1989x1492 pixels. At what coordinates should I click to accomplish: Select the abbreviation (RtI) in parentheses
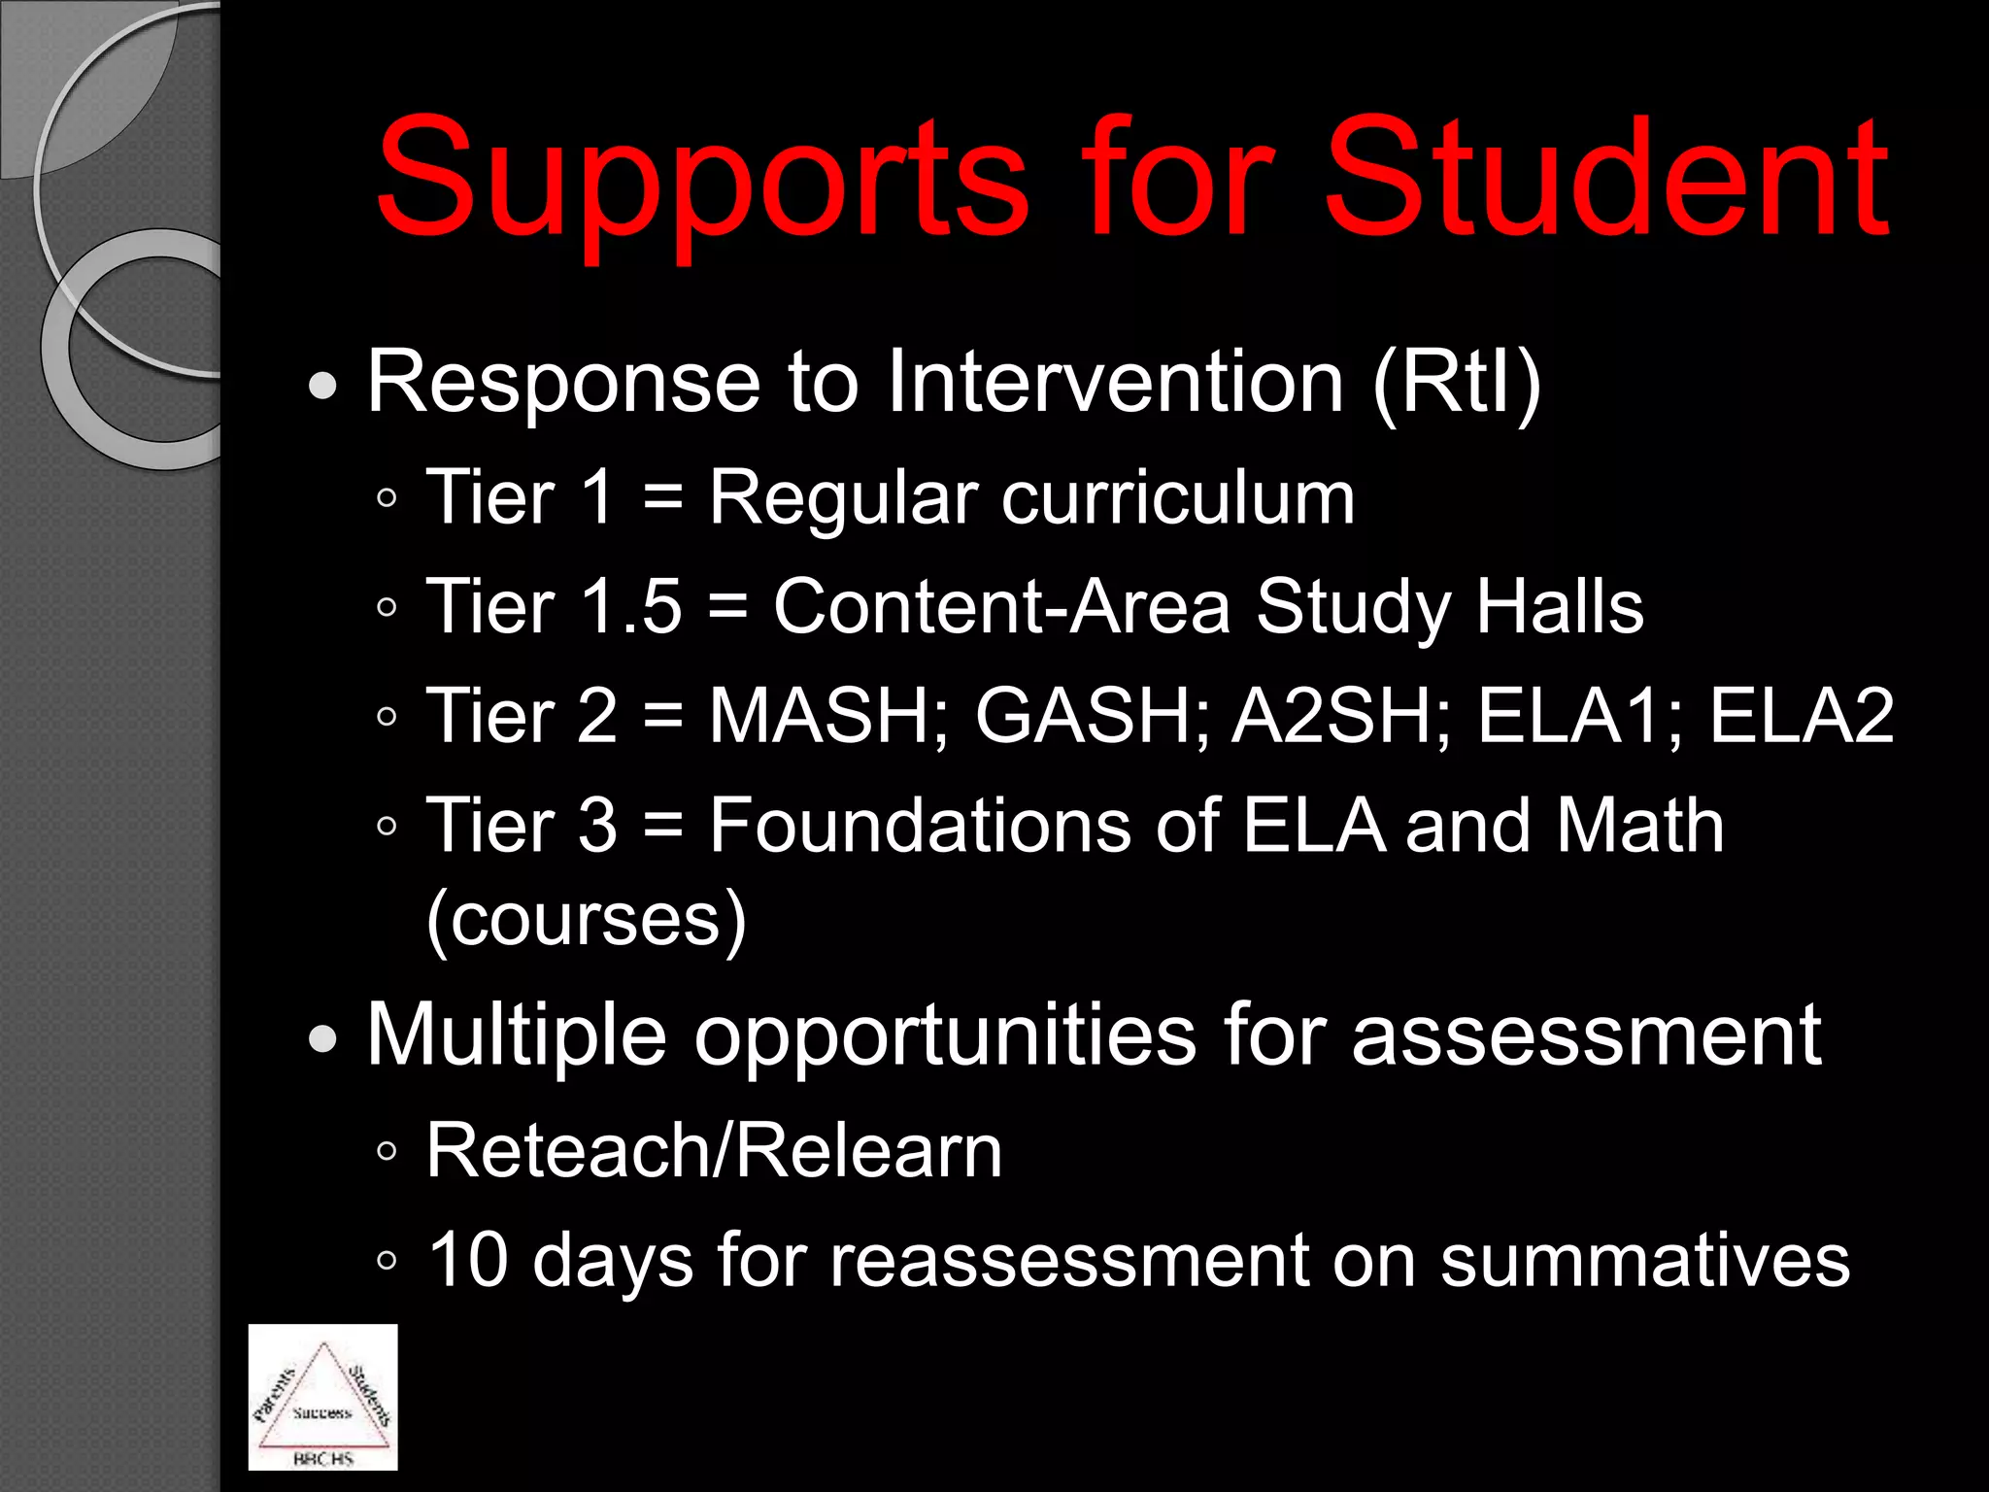1457,384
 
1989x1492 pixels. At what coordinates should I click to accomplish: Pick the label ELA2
1802,717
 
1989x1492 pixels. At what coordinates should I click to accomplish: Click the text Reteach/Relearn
714,1152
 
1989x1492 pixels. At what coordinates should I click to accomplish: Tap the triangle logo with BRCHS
322,1397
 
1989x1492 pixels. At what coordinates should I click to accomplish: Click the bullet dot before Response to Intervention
322,388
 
